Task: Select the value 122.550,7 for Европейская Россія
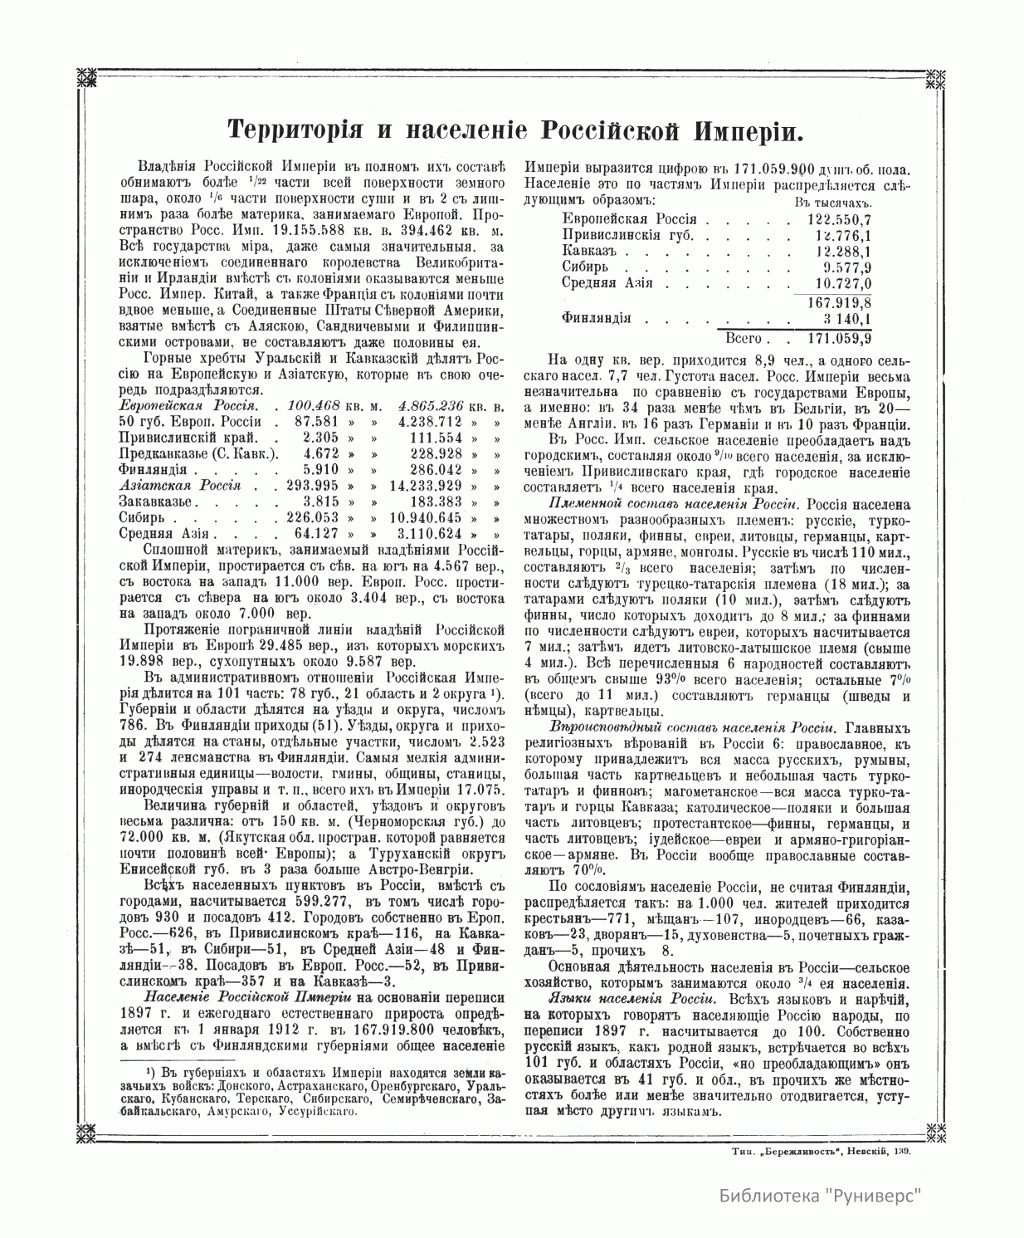(838, 220)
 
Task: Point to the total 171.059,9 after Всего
(838, 339)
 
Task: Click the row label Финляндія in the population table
(596, 318)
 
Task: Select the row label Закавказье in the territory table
(156, 502)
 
